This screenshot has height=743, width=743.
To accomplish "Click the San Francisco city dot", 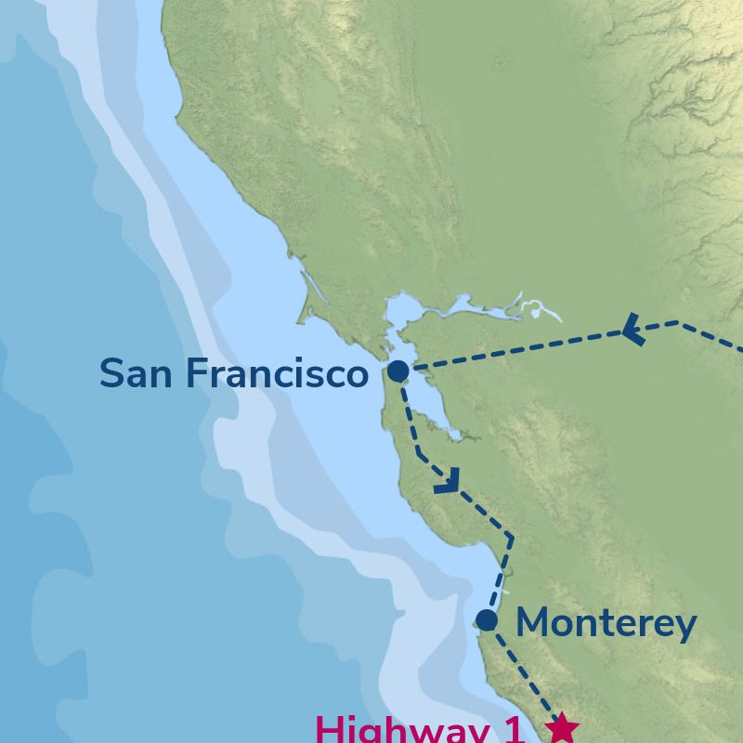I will click(x=398, y=371).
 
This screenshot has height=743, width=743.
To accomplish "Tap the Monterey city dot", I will click(x=487, y=620).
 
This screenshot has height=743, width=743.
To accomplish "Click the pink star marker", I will click(x=562, y=728).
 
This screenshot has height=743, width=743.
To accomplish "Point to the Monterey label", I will click(x=606, y=624).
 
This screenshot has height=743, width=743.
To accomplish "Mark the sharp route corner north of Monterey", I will click(x=511, y=536).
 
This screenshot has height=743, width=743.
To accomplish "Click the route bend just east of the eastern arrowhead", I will click(x=677, y=323).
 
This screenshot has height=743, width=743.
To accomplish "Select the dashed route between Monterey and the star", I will click(x=525, y=676).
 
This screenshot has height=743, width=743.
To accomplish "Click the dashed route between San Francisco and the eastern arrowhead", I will click(x=520, y=350).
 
